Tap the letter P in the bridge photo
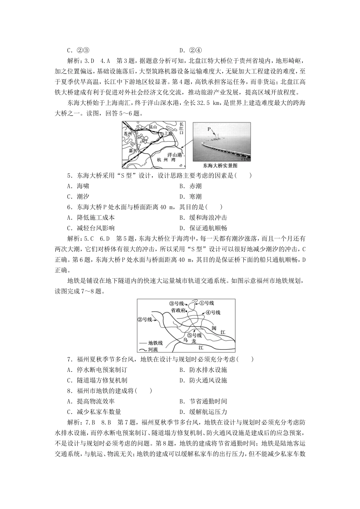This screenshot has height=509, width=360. pyautogui.click(x=208, y=129)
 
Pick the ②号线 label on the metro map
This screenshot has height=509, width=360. pyautogui.click(x=144, y=319)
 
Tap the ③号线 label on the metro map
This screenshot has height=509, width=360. pyautogui.click(x=177, y=303)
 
